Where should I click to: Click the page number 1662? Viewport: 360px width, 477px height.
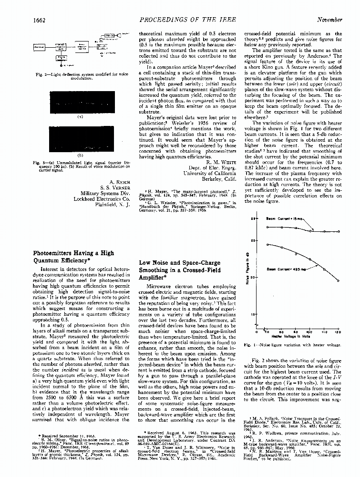[x=41, y=20]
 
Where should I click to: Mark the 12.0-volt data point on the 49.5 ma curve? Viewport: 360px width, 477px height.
[x=338, y=280]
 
